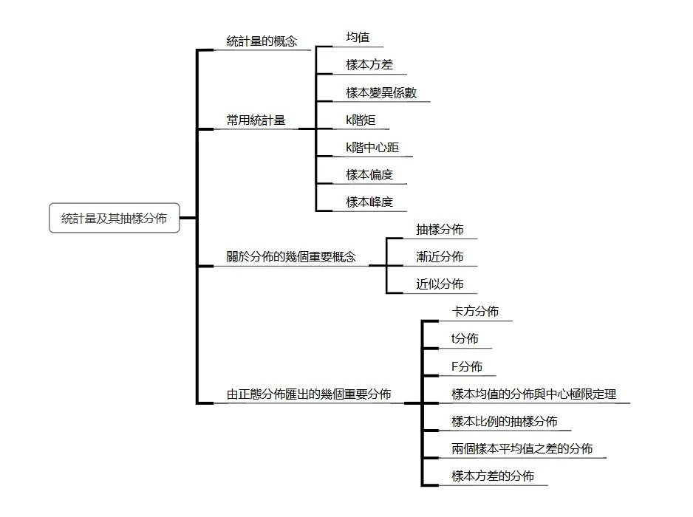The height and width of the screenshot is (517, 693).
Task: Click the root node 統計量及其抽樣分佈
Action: click(x=114, y=218)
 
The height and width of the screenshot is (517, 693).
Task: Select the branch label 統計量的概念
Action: click(x=262, y=41)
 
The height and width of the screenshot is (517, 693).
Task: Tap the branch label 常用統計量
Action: click(x=256, y=120)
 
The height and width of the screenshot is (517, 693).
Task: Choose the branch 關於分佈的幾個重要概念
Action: click(x=290, y=256)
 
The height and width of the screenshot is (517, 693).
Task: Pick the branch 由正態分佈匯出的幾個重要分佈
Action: click(x=309, y=394)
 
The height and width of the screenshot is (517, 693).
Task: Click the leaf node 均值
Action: click(x=358, y=37)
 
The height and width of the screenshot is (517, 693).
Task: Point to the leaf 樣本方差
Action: click(x=369, y=65)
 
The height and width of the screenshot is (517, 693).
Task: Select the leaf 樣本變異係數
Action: click(x=381, y=92)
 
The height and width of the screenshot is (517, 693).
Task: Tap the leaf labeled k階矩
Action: click(x=361, y=120)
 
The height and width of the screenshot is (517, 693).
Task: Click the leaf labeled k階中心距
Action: click(x=372, y=148)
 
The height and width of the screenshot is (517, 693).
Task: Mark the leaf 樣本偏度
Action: click(x=369, y=175)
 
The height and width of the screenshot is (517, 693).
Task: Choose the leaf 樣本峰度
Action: click(x=369, y=202)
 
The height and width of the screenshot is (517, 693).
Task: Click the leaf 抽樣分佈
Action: click(x=440, y=230)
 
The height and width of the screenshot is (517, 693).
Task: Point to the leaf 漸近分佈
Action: click(x=440, y=257)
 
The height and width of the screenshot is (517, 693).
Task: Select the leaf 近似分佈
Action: click(x=440, y=284)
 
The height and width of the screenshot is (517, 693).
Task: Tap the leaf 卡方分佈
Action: click(x=475, y=312)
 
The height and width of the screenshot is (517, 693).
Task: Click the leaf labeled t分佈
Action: click(x=465, y=339)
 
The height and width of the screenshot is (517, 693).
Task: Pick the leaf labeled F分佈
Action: click(x=466, y=366)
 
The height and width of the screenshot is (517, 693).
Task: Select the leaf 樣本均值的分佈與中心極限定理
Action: click(x=533, y=394)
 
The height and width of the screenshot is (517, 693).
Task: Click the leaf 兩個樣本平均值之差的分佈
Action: click(x=522, y=449)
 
